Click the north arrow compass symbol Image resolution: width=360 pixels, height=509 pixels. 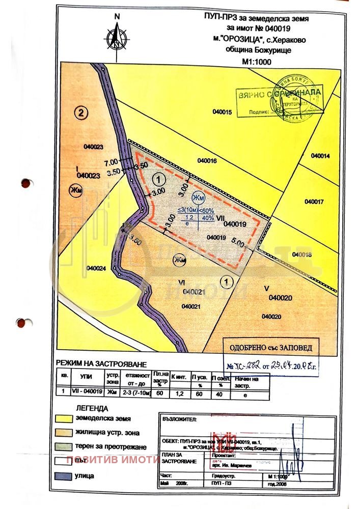[117, 36]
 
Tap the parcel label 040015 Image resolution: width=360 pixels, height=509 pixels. [222, 112]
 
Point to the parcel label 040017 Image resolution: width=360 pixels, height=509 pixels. [314, 202]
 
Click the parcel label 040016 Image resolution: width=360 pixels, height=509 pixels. [206, 161]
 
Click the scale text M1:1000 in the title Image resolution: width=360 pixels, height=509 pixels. [257, 62]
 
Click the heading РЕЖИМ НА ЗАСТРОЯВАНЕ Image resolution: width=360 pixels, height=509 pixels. [101, 364]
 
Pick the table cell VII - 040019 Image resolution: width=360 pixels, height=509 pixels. [87, 392]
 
